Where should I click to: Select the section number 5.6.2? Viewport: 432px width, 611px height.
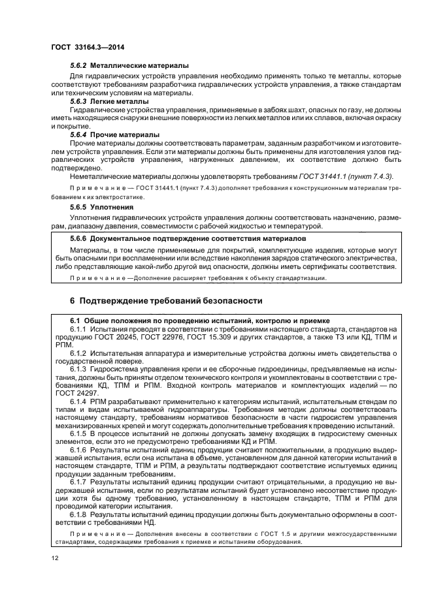[78, 66]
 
